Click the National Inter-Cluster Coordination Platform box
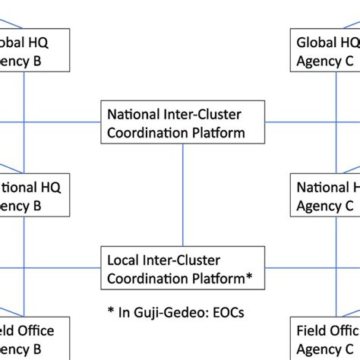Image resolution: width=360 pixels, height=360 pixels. [182, 124]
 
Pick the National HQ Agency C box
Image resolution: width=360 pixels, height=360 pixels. [326, 195]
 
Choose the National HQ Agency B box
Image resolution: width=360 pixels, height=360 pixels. [35, 195]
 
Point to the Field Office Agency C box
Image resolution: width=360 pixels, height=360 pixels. [326, 340]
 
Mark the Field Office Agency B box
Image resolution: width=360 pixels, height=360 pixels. [35, 340]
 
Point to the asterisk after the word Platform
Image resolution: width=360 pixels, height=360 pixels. [251, 276]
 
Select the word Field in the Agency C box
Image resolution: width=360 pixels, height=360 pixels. [311, 332]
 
